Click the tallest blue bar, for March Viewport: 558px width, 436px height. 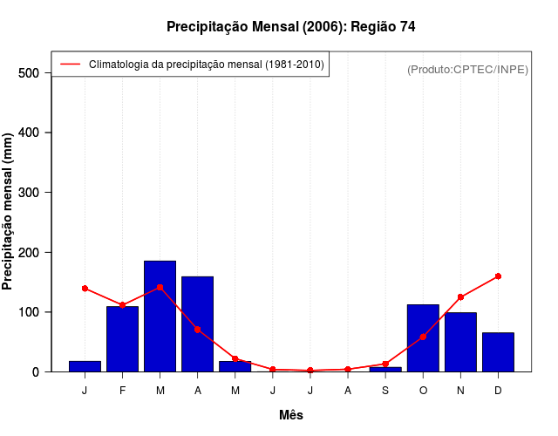click(x=160, y=316)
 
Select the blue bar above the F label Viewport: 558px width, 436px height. click(x=122, y=338)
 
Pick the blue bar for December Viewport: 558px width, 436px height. click(x=498, y=351)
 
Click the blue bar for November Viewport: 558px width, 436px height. click(x=460, y=342)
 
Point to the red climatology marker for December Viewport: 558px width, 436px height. click(x=498, y=276)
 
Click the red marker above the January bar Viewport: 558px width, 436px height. click(x=85, y=288)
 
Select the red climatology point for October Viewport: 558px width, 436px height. click(x=423, y=337)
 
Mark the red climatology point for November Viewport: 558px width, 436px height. click(x=460, y=297)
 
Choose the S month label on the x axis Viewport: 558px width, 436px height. click(x=385, y=391)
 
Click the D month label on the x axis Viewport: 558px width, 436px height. click(x=498, y=391)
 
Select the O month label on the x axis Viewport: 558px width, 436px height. click(x=423, y=391)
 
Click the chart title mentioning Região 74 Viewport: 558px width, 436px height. click(x=290, y=27)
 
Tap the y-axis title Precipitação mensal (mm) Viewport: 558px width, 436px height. click(x=9, y=217)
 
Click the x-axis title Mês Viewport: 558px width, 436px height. click(x=290, y=415)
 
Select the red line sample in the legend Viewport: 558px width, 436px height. click(x=70, y=64)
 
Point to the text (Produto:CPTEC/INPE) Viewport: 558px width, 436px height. click(x=467, y=69)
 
